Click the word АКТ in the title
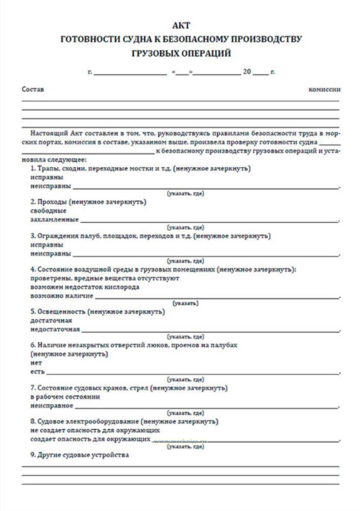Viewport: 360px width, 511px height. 181,26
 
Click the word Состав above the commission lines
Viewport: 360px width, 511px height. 33,89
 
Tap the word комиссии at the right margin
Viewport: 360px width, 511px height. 324,90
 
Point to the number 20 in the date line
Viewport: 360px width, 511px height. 247,71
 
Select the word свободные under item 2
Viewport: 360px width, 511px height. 48,211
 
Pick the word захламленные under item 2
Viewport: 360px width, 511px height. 54,219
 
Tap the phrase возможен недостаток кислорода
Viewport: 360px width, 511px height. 85,287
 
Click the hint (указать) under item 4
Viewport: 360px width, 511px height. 185,303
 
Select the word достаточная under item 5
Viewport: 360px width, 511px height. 51,320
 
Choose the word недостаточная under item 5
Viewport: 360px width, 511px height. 55,329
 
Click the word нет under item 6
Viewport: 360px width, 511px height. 36,363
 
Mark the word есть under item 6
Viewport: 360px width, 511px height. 37,372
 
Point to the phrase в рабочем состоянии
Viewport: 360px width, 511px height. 65,397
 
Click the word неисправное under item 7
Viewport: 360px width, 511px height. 52,406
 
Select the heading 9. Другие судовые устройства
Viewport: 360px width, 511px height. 80,455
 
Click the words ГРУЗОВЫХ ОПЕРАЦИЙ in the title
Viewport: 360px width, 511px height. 181,54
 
